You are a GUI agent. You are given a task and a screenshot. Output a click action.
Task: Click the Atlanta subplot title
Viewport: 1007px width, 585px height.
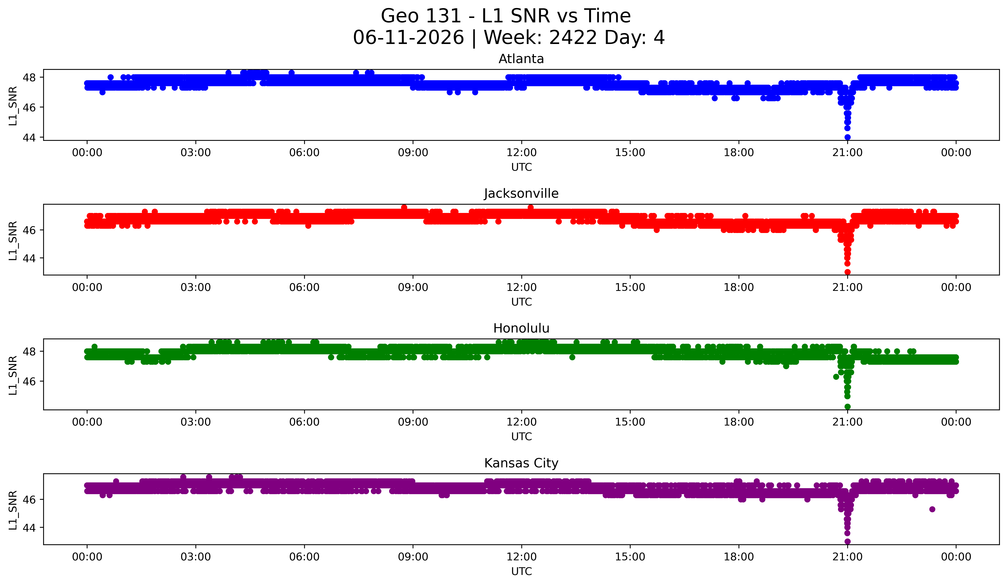[521, 59]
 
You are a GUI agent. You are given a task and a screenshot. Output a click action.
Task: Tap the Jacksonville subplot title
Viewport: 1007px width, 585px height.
[521, 193]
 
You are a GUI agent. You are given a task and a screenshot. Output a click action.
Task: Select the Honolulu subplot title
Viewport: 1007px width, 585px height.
[521, 328]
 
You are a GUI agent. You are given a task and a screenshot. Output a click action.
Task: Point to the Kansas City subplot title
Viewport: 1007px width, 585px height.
[521, 463]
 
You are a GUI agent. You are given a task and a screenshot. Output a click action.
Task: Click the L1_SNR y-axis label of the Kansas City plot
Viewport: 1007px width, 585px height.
[13, 510]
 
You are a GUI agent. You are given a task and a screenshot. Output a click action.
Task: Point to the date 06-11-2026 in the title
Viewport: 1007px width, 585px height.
[408, 38]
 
